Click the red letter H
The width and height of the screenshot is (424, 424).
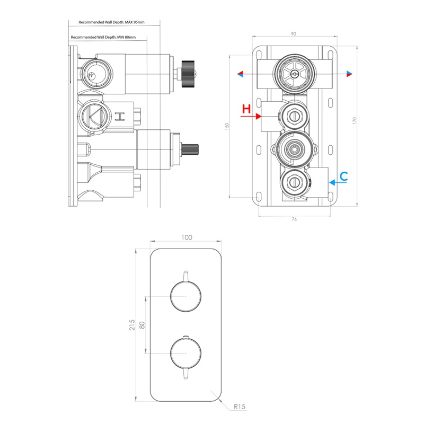pyautogui.click(x=245, y=110)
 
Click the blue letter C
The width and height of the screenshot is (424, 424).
pyautogui.click(x=343, y=176)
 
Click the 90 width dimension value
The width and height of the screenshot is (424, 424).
pyautogui.click(x=293, y=34)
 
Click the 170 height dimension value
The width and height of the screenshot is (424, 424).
pyautogui.click(x=355, y=120)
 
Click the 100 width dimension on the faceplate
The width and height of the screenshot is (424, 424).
pyautogui.click(x=186, y=237)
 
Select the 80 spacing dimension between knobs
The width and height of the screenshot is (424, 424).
pyautogui.click(x=142, y=324)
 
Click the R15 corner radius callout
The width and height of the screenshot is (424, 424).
pyautogui.click(x=240, y=407)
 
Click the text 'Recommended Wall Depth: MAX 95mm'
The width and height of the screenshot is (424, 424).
pyautogui.click(x=111, y=22)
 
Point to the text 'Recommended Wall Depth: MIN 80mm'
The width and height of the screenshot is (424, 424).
pyautogui.click(x=103, y=38)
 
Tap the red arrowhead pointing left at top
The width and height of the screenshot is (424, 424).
pyautogui.click(x=241, y=74)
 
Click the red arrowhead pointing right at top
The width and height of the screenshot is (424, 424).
pyautogui.click(x=350, y=74)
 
